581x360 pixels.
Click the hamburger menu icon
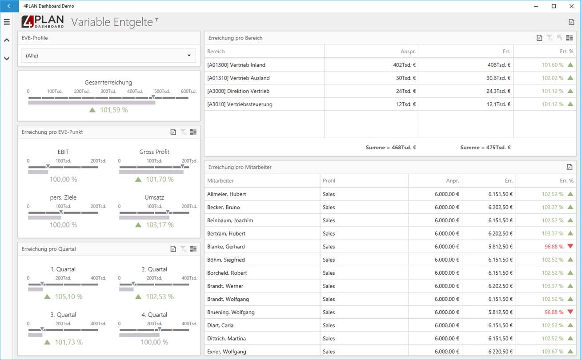click(x=7, y=22)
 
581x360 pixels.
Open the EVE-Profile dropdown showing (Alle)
click(x=108, y=56)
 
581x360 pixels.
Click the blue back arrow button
click(x=9, y=6)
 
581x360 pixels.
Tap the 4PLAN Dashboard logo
click(x=43, y=21)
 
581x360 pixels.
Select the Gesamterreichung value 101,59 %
click(x=114, y=110)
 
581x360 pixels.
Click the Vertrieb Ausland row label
click(x=238, y=78)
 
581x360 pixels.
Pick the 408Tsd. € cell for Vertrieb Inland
click(x=499, y=65)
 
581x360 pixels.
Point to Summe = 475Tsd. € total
click(x=485, y=147)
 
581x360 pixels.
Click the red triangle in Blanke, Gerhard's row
click(x=570, y=246)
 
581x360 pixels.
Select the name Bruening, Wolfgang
click(x=231, y=312)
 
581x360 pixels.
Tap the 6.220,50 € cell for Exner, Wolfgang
click(x=501, y=352)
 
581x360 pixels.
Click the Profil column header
click(x=329, y=180)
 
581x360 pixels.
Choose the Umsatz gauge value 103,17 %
click(x=160, y=225)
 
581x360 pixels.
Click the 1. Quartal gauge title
click(x=63, y=269)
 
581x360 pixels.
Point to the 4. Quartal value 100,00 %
click(x=154, y=342)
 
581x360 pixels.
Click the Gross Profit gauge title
click(x=154, y=152)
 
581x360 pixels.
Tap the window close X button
click(x=571, y=6)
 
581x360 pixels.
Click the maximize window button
click(x=553, y=6)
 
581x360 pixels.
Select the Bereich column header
click(x=216, y=52)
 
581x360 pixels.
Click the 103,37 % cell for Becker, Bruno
click(x=553, y=207)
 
